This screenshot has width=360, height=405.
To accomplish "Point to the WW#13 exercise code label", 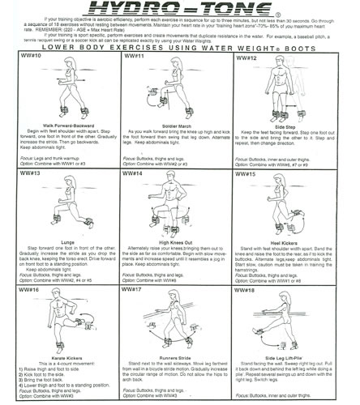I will point(22,173).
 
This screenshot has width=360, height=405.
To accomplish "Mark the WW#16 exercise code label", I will point(22,288).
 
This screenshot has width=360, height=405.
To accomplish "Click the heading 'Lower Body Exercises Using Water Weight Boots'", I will point(180,49).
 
